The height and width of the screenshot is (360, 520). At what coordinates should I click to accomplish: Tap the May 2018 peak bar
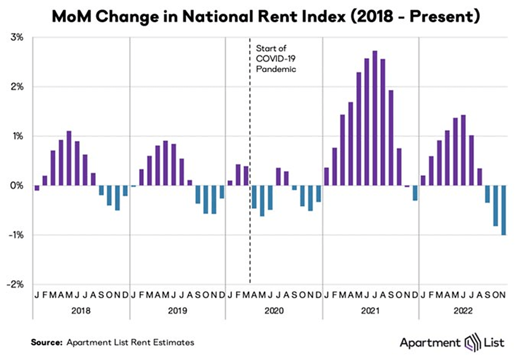(x=69, y=158)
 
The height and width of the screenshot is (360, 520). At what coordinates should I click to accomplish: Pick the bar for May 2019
(x=165, y=163)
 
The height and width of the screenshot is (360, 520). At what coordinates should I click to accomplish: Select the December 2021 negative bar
(x=415, y=193)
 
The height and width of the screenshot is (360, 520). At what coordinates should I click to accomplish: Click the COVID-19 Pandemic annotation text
(x=276, y=58)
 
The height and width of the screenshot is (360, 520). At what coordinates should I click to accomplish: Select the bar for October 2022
(x=495, y=206)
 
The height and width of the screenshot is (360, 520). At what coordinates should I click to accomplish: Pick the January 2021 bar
(x=327, y=177)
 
